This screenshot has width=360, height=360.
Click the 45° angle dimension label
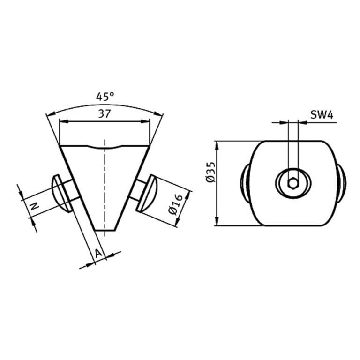pyautogui.click(x=105, y=97)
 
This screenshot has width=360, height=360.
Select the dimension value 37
pyautogui.click(x=105, y=113)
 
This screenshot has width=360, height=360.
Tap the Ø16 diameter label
pyautogui.click(x=175, y=205)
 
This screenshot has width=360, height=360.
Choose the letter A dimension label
pyautogui.click(x=98, y=253)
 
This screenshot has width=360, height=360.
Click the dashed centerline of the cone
pyautogui.click(x=105, y=187)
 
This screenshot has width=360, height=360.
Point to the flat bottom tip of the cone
pyautogui.click(x=105, y=230)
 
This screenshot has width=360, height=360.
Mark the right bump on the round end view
pyautogui.click(x=343, y=183)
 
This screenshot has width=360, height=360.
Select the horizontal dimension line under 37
pyautogui.click(x=105, y=121)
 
